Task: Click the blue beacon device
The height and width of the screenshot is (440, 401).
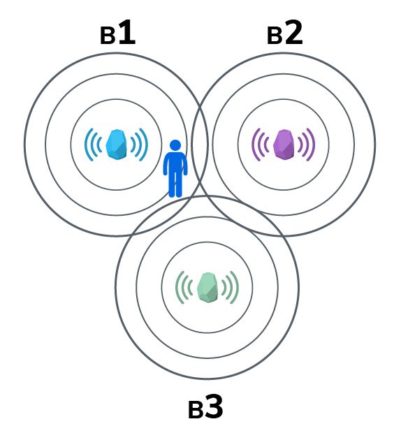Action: pos(116,145)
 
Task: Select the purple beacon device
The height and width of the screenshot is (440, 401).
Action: pos(284,145)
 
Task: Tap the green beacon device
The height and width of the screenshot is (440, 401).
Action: pos(207,287)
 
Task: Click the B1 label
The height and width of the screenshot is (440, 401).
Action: pos(117,33)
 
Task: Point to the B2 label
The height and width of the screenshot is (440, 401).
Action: pos(284,33)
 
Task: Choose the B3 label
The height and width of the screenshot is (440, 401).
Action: pos(205,406)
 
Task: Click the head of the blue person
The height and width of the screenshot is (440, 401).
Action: pos(175,146)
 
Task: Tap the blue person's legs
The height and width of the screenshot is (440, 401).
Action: pos(175,184)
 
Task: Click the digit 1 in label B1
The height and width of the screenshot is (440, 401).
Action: pos(127,32)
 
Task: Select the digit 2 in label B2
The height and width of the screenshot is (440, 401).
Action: pos(294,32)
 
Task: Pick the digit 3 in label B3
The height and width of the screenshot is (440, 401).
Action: pos(214,406)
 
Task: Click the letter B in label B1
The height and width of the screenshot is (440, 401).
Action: pos(108,36)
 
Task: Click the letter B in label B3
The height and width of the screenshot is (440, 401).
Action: pos(196,411)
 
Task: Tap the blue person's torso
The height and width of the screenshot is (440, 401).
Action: pos(175,163)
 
